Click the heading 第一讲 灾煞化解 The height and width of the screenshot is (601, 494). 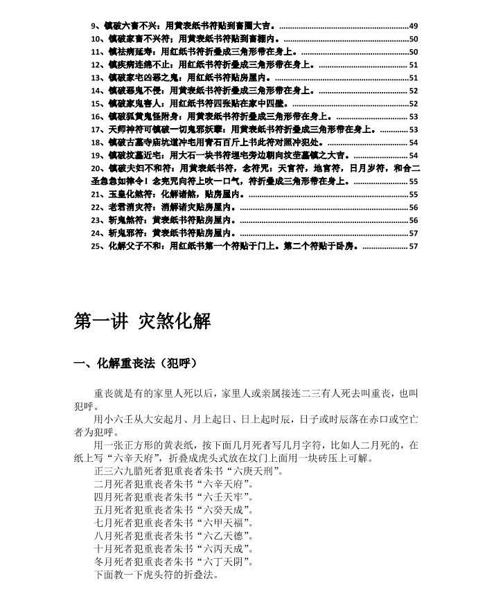point(142,322)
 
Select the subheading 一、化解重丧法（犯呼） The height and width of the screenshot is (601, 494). point(136,364)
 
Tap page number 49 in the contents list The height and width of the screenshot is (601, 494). point(413,26)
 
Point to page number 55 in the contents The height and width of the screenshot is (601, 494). point(413,181)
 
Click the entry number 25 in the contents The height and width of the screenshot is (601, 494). point(97,246)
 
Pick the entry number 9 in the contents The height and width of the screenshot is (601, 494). point(95,26)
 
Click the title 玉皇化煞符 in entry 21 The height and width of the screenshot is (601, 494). point(129,195)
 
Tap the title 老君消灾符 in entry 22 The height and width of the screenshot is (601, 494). point(129,207)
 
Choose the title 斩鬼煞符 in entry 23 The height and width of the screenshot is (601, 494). point(125,220)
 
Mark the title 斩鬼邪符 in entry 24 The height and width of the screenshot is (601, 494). point(125,233)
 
